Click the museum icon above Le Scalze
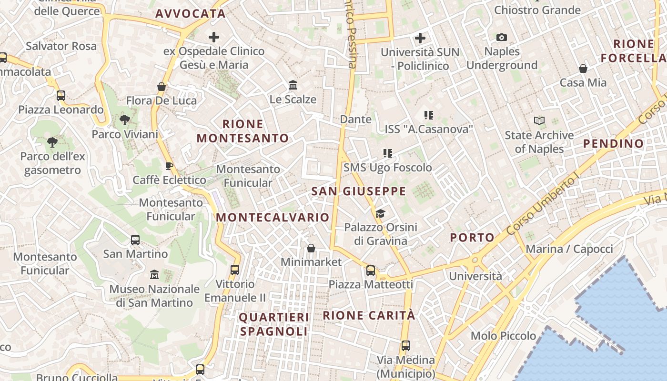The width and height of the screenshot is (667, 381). pos(293,85)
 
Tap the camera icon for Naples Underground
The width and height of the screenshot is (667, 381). pos(502,37)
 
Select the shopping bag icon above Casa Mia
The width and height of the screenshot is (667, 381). pos(583,69)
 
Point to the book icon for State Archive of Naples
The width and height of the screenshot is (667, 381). pos(539,121)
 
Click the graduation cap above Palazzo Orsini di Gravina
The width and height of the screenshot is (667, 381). pos(380,213)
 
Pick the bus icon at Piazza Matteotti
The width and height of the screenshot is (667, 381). pos(371,271)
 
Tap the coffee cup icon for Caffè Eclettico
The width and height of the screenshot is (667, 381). pos(169,166)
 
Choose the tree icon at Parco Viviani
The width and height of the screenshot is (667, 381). pos(125,120)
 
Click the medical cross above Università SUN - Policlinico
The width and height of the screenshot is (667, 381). pos(420,38)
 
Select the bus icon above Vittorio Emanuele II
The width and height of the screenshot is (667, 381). pos(234,270)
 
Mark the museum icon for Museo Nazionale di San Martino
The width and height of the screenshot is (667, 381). pos(154,275)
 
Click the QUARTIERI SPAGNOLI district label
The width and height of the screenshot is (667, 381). pos(274,324)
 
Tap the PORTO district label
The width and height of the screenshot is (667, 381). pos(472,237)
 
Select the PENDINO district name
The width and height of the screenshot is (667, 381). pos(613,143)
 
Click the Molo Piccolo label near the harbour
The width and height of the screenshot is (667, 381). pos(503,336)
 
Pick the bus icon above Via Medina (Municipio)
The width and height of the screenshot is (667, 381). pos(405,346)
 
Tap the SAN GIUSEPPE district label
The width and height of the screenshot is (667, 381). pos(358,191)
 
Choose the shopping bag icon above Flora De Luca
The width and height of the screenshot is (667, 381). pos(162,87)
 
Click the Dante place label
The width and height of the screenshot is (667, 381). pos(355,119)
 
